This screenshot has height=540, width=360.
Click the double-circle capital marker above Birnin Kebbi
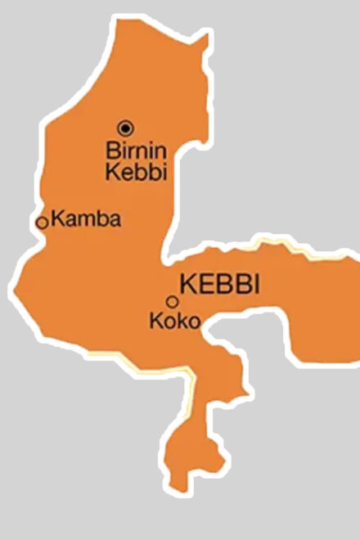[x=125, y=127]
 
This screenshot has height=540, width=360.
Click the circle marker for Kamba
[x=42, y=222]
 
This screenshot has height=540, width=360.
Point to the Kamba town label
[x=85, y=218]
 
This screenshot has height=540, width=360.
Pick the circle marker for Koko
[x=172, y=301]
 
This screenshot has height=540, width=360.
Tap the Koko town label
[x=174, y=322]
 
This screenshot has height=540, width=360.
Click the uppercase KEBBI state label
[x=218, y=285]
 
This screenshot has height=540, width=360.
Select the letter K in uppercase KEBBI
[x=186, y=285]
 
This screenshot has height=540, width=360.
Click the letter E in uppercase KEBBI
[x=202, y=285]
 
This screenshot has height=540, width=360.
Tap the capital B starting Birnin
[x=113, y=151]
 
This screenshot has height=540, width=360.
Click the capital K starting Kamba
[x=56, y=218]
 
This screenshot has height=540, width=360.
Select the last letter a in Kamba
[x=115, y=220]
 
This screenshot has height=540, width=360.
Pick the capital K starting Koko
[x=155, y=322]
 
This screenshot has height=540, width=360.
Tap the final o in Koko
[x=193, y=323]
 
